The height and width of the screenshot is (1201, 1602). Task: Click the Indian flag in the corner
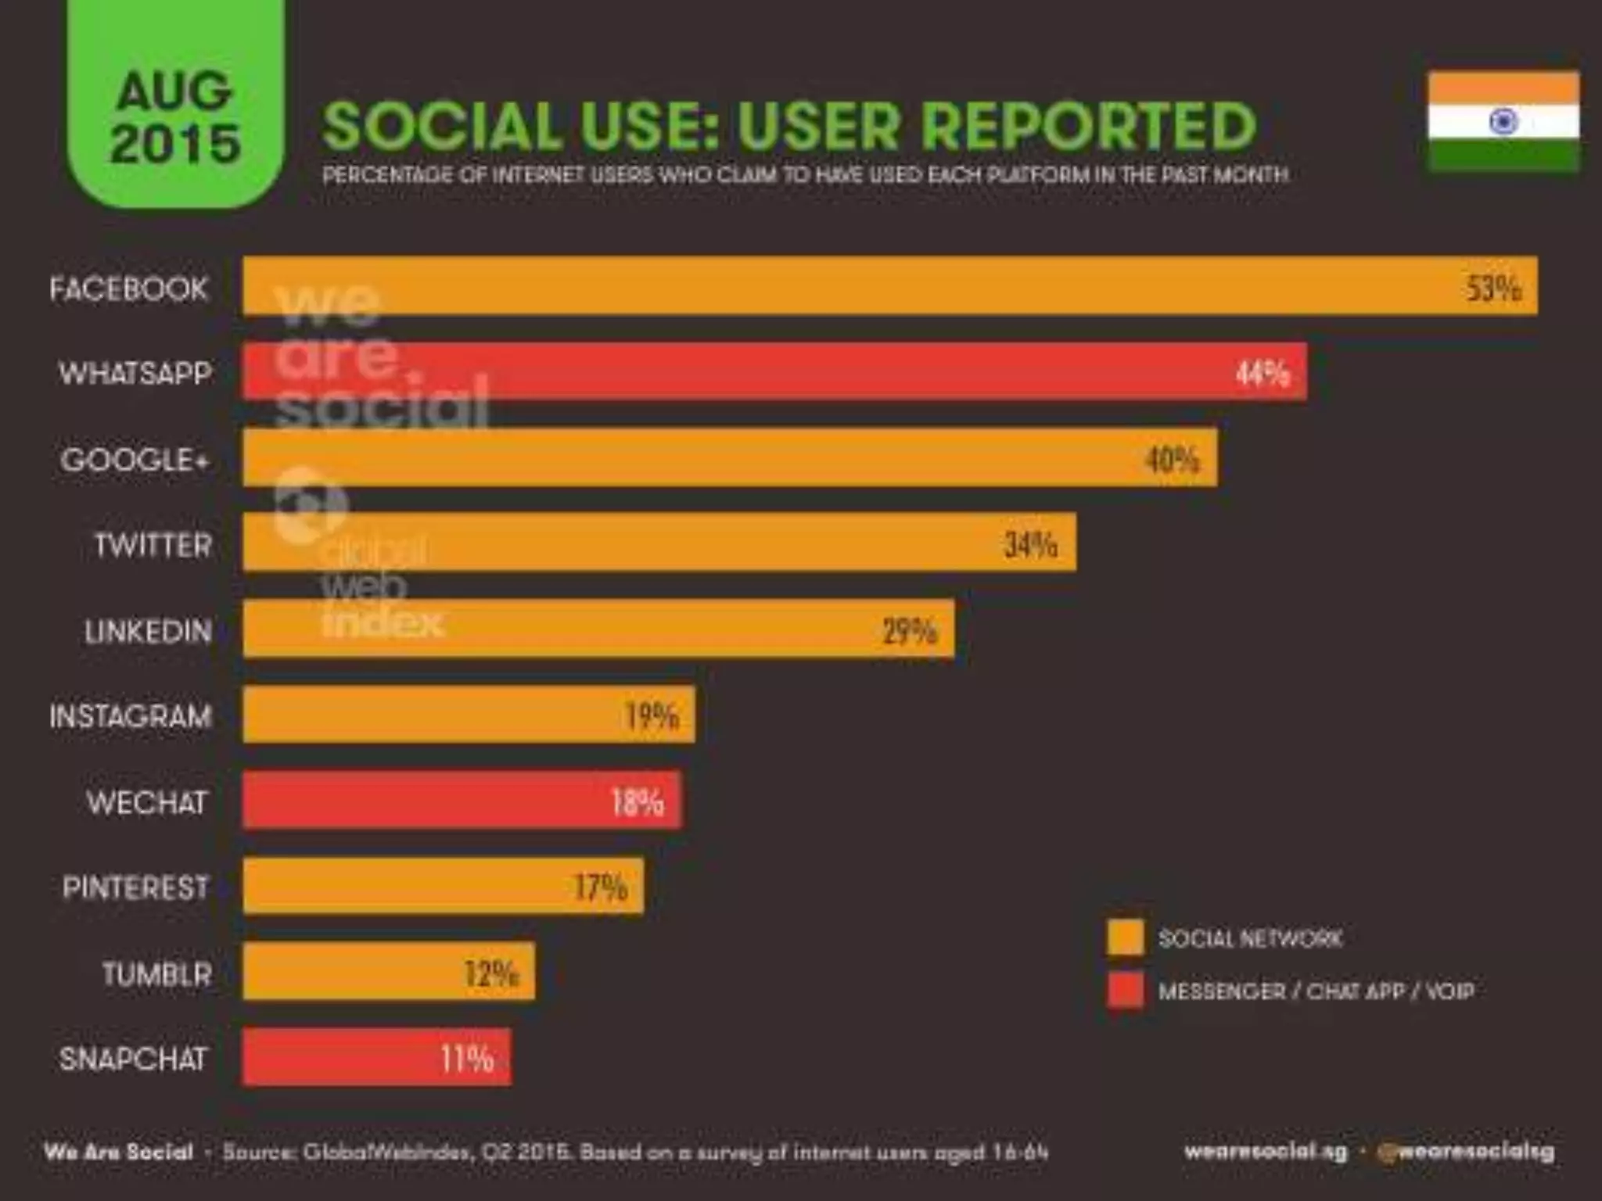pyautogui.click(x=1503, y=121)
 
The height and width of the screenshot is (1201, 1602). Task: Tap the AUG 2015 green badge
pyautogui.click(x=174, y=117)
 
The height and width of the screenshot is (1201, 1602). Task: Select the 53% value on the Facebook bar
pyautogui.click(x=1492, y=289)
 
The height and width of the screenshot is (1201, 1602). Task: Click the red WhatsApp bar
pyautogui.click(x=774, y=372)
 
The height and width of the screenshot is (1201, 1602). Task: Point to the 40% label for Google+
pyautogui.click(x=1171, y=459)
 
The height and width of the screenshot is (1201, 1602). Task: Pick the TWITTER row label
pyautogui.click(x=153, y=545)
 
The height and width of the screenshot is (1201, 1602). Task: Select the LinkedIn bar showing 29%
pyautogui.click(x=598, y=629)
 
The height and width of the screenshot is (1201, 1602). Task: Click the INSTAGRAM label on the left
pyautogui.click(x=131, y=716)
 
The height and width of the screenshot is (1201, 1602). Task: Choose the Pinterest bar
pyautogui.click(x=443, y=887)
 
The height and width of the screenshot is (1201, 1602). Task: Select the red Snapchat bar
pyautogui.click(x=376, y=1058)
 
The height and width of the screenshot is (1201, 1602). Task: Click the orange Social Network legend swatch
pyautogui.click(x=1125, y=937)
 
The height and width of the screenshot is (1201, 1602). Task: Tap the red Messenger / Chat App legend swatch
pyautogui.click(x=1125, y=991)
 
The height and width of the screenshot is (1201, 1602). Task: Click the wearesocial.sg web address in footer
pyautogui.click(x=1265, y=1152)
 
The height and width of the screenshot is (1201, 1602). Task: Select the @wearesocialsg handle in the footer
pyautogui.click(x=1466, y=1152)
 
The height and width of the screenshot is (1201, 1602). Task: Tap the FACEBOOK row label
pyautogui.click(x=128, y=289)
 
